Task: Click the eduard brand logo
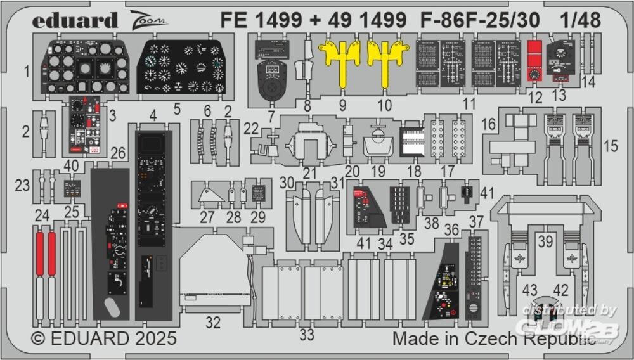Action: point(75,20)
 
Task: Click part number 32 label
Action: point(213,323)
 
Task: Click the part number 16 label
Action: point(488,125)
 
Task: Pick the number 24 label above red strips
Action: point(42,215)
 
